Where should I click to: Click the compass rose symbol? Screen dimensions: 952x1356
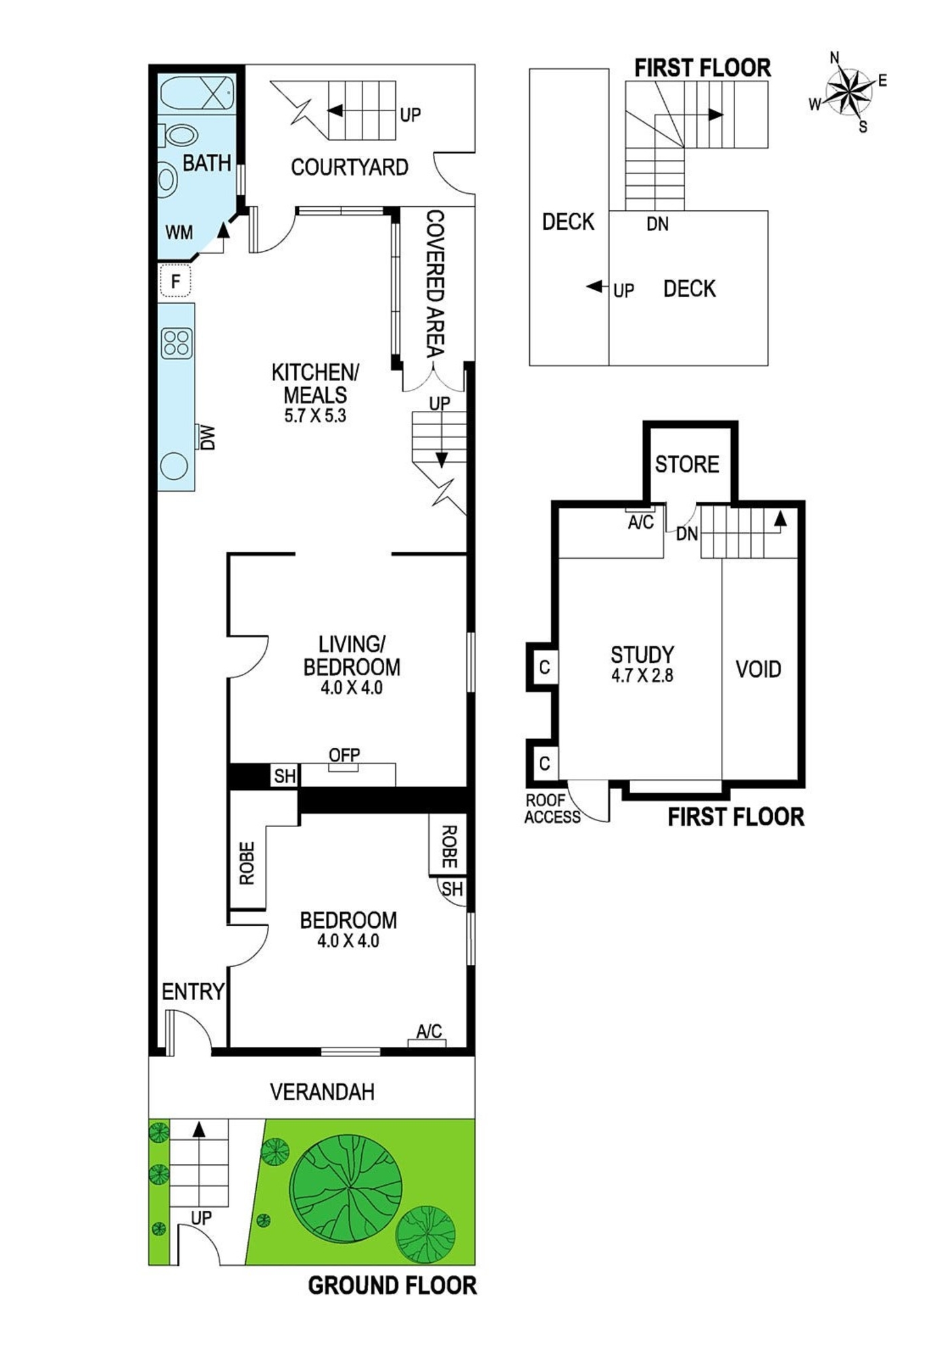pyautogui.click(x=848, y=92)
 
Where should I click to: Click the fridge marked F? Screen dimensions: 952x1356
pyautogui.click(x=175, y=281)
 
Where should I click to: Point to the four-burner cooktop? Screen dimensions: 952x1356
pyautogui.click(x=176, y=343)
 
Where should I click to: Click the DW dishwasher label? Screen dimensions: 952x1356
pyautogui.click(x=207, y=437)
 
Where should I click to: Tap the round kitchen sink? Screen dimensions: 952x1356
pyautogui.click(x=173, y=466)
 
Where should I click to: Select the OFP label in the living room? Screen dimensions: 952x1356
pyautogui.click(x=344, y=755)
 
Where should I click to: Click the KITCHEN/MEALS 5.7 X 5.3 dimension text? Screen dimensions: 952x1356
pyautogui.click(x=315, y=416)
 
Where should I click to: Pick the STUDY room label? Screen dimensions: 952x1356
pyautogui.click(x=642, y=655)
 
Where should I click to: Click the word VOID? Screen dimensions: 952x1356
pyautogui.click(x=758, y=670)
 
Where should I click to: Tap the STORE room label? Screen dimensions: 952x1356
pyautogui.click(x=687, y=464)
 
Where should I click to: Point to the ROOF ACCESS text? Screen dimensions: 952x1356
pyautogui.click(x=552, y=809)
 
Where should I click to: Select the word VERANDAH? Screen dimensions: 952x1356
pyautogui.click(x=322, y=1092)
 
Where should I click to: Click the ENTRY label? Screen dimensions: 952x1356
pyautogui.click(x=193, y=992)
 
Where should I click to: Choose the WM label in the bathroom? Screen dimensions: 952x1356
pyautogui.click(x=179, y=233)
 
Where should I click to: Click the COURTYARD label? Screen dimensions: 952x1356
pyautogui.click(x=350, y=167)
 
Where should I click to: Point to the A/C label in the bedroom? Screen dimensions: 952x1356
pyautogui.click(x=429, y=1031)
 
